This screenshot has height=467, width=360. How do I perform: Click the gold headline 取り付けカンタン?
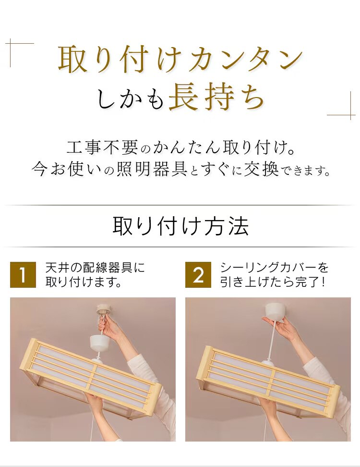[180, 60]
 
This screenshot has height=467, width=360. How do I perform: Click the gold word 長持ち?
[217, 98]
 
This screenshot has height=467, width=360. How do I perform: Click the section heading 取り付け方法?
[180, 226]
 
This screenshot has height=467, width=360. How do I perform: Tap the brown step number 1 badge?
[23, 275]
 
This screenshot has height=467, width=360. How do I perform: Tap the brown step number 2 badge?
[198, 275]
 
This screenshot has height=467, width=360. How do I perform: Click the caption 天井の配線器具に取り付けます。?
[95, 274]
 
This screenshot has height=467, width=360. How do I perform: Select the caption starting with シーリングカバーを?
[275, 274]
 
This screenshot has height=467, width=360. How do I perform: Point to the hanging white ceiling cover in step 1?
[100, 342]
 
